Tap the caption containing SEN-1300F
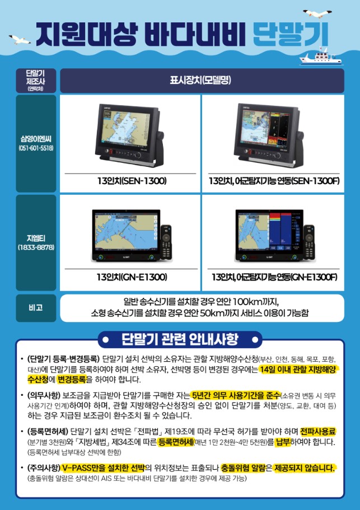[274, 181]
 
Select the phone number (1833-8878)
[36, 247]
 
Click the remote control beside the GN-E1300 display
[166, 241]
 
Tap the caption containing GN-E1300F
[274, 277]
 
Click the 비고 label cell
[36, 308]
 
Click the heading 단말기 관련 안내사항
[180, 339]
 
